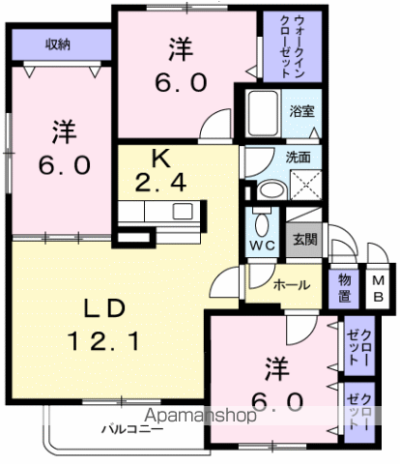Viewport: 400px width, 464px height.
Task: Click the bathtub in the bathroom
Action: pyautogui.click(x=261, y=115)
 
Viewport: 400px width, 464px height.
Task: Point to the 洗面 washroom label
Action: pyautogui.click(x=298, y=157)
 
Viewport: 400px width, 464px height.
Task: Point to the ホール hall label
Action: pyautogui.click(x=291, y=285)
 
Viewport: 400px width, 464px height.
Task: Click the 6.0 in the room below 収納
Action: pyautogui.click(x=65, y=164)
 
